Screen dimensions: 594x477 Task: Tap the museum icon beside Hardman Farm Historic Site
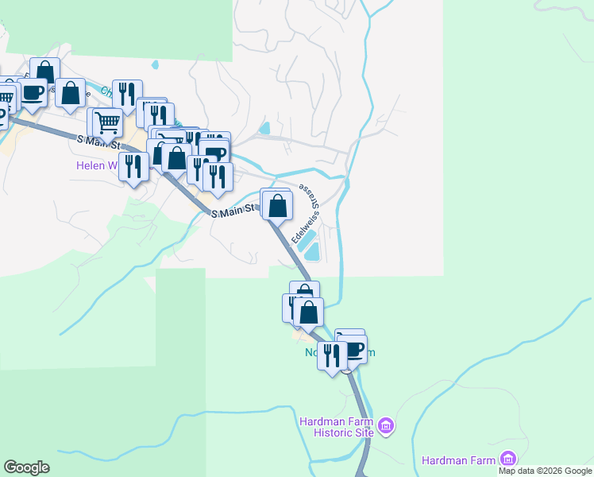[387, 426]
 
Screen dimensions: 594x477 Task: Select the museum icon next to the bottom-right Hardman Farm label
[507, 459]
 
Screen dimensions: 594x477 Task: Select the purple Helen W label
[95, 166]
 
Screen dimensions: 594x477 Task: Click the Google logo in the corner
[26, 467]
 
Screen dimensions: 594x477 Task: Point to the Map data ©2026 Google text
[545, 471]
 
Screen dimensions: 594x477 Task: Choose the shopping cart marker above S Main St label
[107, 123]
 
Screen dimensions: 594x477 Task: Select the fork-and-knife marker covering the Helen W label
[133, 167]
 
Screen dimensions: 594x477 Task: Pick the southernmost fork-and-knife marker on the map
[332, 355]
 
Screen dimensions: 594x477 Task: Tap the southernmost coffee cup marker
[352, 350]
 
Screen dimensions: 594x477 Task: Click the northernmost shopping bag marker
[45, 73]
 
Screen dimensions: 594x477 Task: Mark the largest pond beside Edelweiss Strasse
[312, 252]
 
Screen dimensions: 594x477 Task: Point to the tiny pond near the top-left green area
[155, 64]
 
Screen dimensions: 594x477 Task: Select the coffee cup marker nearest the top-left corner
[32, 93]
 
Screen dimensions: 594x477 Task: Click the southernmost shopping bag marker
[309, 312]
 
